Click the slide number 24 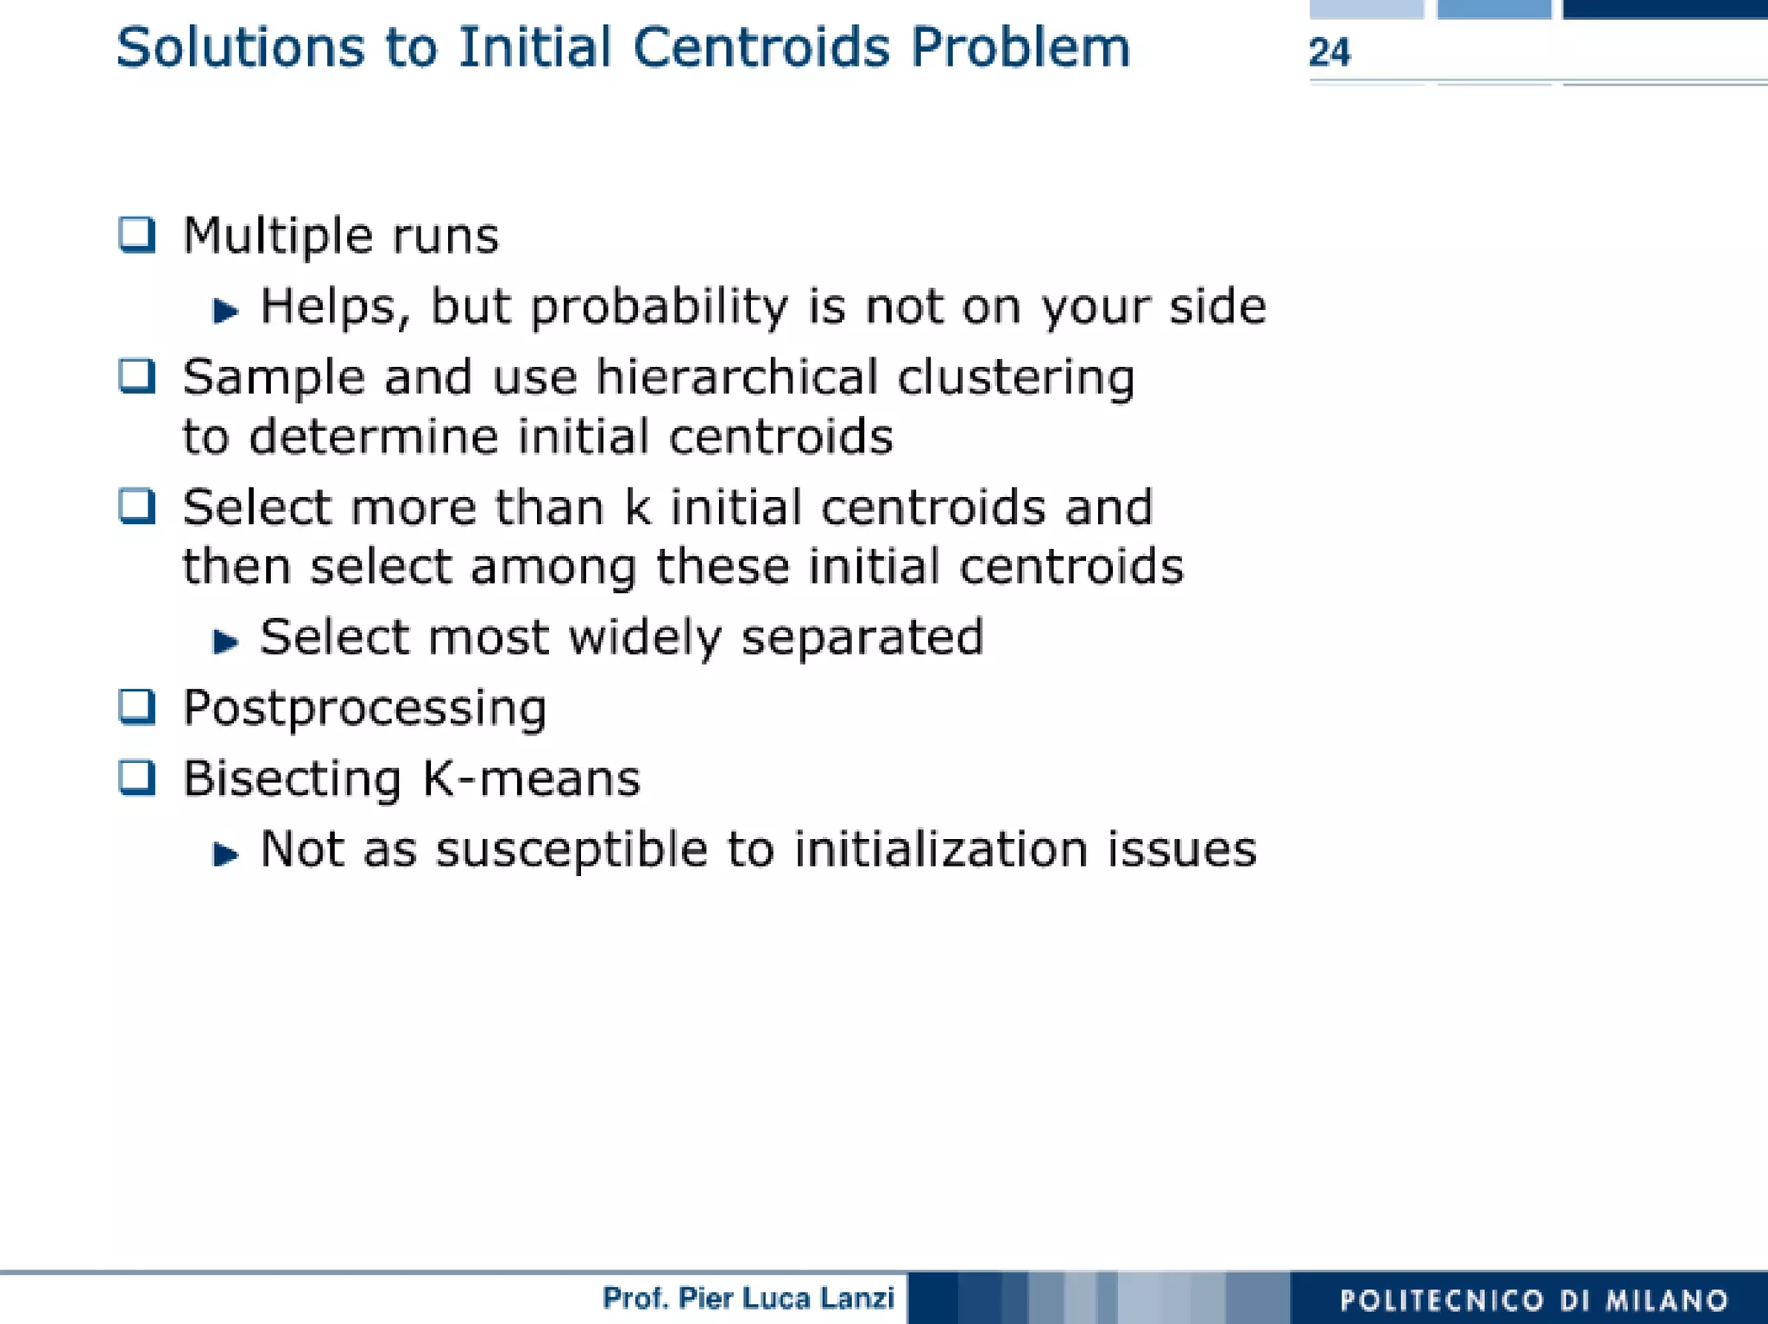pyautogui.click(x=1329, y=53)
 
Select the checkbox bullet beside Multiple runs pyautogui.click(x=137, y=234)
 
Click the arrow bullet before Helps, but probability pyautogui.click(x=225, y=311)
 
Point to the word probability pyautogui.click(x=660, y=307)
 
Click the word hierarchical pyautogui.click(x=736, y=377)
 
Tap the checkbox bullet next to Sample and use pyautogui.click(x=137, y=376)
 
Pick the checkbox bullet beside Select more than pyautogui.click(x=137, y=506)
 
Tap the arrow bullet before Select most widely pyautogui.click(x=225, y=641)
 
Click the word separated pyautogui.click(x=862, y=637)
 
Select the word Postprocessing pyautogui.click(x=364, y=709)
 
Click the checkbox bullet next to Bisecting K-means pyautogui.click(x=137, y=777)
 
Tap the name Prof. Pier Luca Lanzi pyautogui.click(x=748, y=1297)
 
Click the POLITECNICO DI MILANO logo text pyautogui.click(x=1533, y=1300)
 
